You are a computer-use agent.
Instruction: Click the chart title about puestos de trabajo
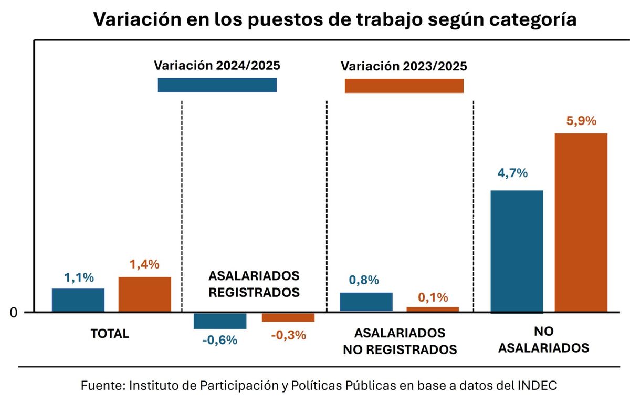click(x=335, y=19)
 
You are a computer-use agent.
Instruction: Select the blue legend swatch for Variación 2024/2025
click(x=217, y=85)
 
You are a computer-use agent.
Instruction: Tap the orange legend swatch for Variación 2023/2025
click(x=404, y=86)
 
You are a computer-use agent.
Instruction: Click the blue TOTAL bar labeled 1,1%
click(x=78, y=300)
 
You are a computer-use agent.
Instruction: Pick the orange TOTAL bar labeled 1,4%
click(x=144, y=294)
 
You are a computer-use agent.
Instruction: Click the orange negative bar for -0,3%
click(x=288, y=317)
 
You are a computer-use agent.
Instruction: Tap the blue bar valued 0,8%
click(x=366, y=302)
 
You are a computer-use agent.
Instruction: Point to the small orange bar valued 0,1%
click(x=433, y=309)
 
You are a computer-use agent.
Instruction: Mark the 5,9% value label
click(x=581, y=121)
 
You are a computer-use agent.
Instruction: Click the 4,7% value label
click(x=512, y=173)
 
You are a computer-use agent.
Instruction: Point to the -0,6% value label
click(x=219, y=340)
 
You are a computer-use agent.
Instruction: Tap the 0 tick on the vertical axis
click(x=14, y=313)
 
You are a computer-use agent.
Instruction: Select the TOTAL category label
click(x=110, y=334)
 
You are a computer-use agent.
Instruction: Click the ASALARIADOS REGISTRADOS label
click(x=254, y=284)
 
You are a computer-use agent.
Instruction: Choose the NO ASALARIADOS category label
click(x=543, y=340)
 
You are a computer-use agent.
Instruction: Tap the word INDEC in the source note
click(x=531, y=385)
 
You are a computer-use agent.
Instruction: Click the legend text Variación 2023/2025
click(x=404, y=67)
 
